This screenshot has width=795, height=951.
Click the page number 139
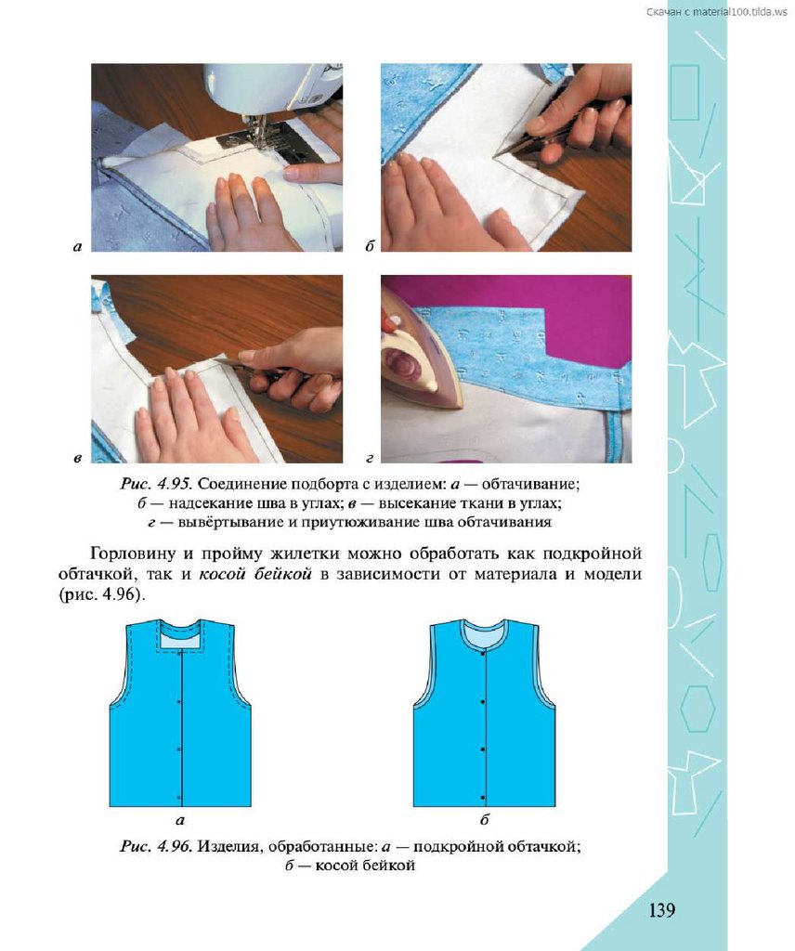tap(661, 910)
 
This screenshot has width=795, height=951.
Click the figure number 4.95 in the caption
tap(174, 484)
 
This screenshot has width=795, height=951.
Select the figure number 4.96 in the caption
tap(174, 846)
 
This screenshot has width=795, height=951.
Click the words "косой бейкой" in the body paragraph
tap(255, 574)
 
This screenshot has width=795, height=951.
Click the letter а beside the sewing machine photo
tap(77, 246)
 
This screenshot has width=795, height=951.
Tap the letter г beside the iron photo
tap(370, 459)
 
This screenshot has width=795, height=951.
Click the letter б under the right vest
tap(484, 819)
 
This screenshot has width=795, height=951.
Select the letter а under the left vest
tap(179, 821)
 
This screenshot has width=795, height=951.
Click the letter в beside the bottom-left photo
tap(77, 459)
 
